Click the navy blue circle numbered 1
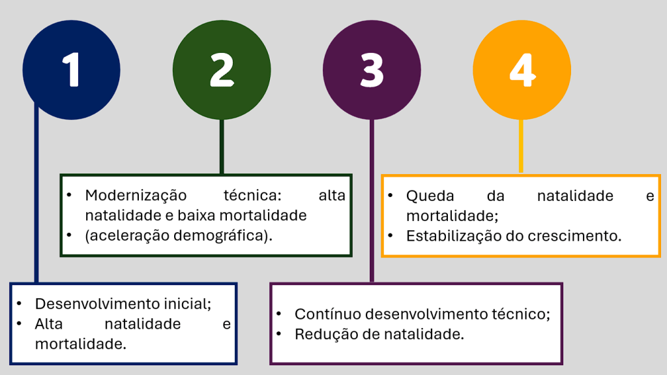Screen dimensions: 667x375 [x=72, y=70]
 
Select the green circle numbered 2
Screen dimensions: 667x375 [x=222, y=70]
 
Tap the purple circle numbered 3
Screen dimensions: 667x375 [x=372, y=70]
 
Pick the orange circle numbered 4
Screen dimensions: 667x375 [x=522, y=70]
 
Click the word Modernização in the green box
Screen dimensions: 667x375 [x=136, y=196]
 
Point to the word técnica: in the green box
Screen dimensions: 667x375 [x=252, y=196]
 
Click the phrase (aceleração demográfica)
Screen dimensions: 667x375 [x=179, y=236]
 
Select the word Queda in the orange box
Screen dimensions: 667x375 [x=430, y=196]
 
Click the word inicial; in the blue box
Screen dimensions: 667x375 [x=188, y=304]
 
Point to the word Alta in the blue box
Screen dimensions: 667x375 [x=48, y=324]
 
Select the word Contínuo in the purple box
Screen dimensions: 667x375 [x=327, y=314]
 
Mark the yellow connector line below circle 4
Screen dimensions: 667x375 [x=521, y=146]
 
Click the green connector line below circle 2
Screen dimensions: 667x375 [x=222, y=147]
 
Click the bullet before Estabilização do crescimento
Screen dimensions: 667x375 [x=391, y=235]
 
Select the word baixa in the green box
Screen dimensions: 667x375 [x=196, y=215]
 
